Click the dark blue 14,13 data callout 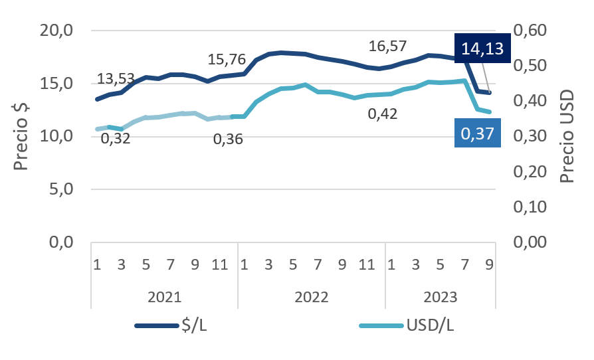(x=482, y=48)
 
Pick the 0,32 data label (x=116, y=138)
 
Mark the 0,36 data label (x=229, y=139)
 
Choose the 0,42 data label (x=382, y=114)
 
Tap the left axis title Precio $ (x=21, y=136)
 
